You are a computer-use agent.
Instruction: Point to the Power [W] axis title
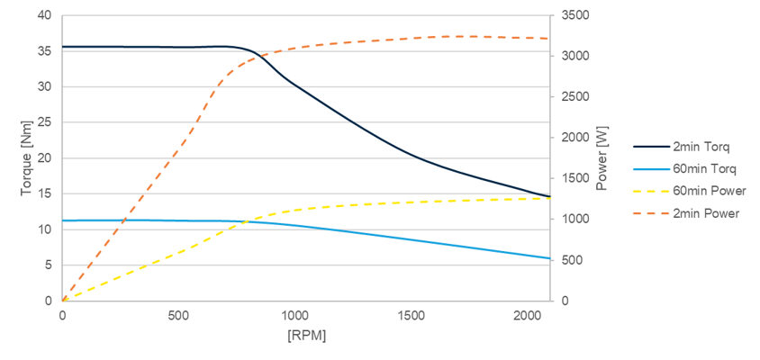click(x=603, y=158)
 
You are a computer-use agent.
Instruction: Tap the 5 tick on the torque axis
click(x=47, y=265)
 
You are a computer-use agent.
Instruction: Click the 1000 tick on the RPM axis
click(x=294, y=316)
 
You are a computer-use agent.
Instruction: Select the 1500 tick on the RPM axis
click(x=411, y=316)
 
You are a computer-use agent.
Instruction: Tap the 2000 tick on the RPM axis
click(x=527, y=316)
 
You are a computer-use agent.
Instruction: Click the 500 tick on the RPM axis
click(x=178, y=316)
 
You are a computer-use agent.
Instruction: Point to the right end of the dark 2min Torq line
click(x=549, y=196)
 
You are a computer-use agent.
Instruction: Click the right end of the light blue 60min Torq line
click(x=549, y=258)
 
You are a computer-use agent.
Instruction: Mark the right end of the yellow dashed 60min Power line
click(x=549, y=198)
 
